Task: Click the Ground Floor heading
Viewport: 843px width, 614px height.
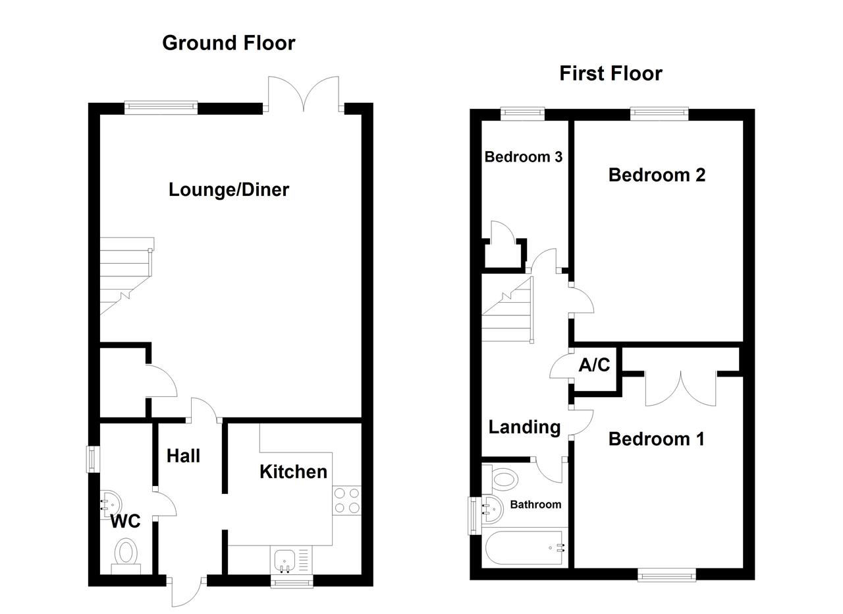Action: (229, 43)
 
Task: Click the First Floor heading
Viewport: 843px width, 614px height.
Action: (611, 73)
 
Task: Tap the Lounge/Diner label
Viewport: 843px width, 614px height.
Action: (229, 190)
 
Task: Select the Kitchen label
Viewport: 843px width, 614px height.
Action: (293, 472)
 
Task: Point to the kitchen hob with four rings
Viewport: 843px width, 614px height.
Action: (346, 500)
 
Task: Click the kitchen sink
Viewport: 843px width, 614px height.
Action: (285, 561)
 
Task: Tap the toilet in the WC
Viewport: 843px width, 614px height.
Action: (125, 554)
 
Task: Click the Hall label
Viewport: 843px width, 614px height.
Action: (183, 456)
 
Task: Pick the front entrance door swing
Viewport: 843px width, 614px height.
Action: (186, 592)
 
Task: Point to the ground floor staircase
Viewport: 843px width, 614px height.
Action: (125, 277)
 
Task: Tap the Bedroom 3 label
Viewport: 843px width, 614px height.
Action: (523, 157)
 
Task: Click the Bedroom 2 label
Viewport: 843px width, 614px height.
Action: (657, 175)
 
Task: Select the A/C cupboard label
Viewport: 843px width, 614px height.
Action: (594, 365)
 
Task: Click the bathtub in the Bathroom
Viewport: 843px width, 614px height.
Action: (524, 548)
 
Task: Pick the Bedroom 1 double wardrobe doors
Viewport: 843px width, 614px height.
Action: (680, 389)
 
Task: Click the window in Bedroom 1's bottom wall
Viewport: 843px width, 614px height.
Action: (666, 576)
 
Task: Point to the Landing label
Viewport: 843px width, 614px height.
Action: (524, 427)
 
